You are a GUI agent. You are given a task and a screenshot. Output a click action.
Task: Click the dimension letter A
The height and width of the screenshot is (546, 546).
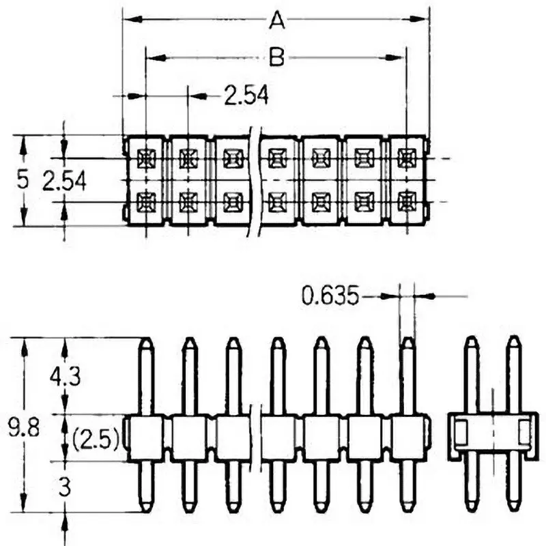point(276,21)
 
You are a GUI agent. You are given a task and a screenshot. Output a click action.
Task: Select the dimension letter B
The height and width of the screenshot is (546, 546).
point(276,58)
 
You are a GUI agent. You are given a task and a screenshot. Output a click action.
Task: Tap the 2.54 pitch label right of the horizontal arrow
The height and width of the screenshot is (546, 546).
point(246,96)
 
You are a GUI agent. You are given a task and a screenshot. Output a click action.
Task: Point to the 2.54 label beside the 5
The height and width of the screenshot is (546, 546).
point(64,181)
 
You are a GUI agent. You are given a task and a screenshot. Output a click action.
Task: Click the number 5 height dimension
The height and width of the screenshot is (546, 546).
point(23,180)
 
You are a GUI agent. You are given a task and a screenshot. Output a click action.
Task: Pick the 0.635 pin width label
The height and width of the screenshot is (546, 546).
point(330,296)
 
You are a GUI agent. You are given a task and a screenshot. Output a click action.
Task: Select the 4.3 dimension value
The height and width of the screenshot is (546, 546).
point(65,376)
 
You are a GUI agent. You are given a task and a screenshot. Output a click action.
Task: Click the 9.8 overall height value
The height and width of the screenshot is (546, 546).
point(23,430)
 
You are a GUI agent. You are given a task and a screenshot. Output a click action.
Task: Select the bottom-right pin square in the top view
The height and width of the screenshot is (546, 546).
point(407,202)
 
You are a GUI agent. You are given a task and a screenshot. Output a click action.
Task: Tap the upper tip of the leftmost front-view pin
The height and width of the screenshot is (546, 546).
point(145,341)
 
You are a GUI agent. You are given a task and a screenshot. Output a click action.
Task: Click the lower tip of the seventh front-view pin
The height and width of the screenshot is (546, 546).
point(407,509)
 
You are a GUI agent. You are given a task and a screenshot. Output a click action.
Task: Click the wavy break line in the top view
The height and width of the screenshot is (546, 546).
point(255,181)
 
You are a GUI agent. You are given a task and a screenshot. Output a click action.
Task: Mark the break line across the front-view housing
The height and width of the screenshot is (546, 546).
point(256,437)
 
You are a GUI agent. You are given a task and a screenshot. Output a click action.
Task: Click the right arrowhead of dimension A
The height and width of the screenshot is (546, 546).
point(424,20)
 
